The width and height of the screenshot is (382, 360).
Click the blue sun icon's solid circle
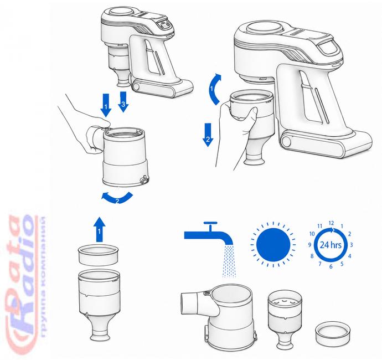click(273, 245)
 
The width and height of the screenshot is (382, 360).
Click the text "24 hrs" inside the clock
click(331, 244)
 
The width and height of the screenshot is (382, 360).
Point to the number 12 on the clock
click(331, 223)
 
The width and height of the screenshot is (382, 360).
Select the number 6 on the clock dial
click(331, 266)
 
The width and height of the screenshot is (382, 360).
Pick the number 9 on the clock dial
click(309, 245)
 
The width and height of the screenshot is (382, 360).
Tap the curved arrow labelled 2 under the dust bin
click(117, 198)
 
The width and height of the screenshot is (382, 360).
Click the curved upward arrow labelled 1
click(215, 89)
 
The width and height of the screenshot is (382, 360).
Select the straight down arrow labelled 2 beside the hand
click(208, 135)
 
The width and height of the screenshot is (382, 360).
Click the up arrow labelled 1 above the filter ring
click(99, 229)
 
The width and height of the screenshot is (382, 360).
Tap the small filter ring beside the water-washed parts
click(333, 332)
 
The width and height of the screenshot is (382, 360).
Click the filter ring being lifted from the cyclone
click(98, 255)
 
